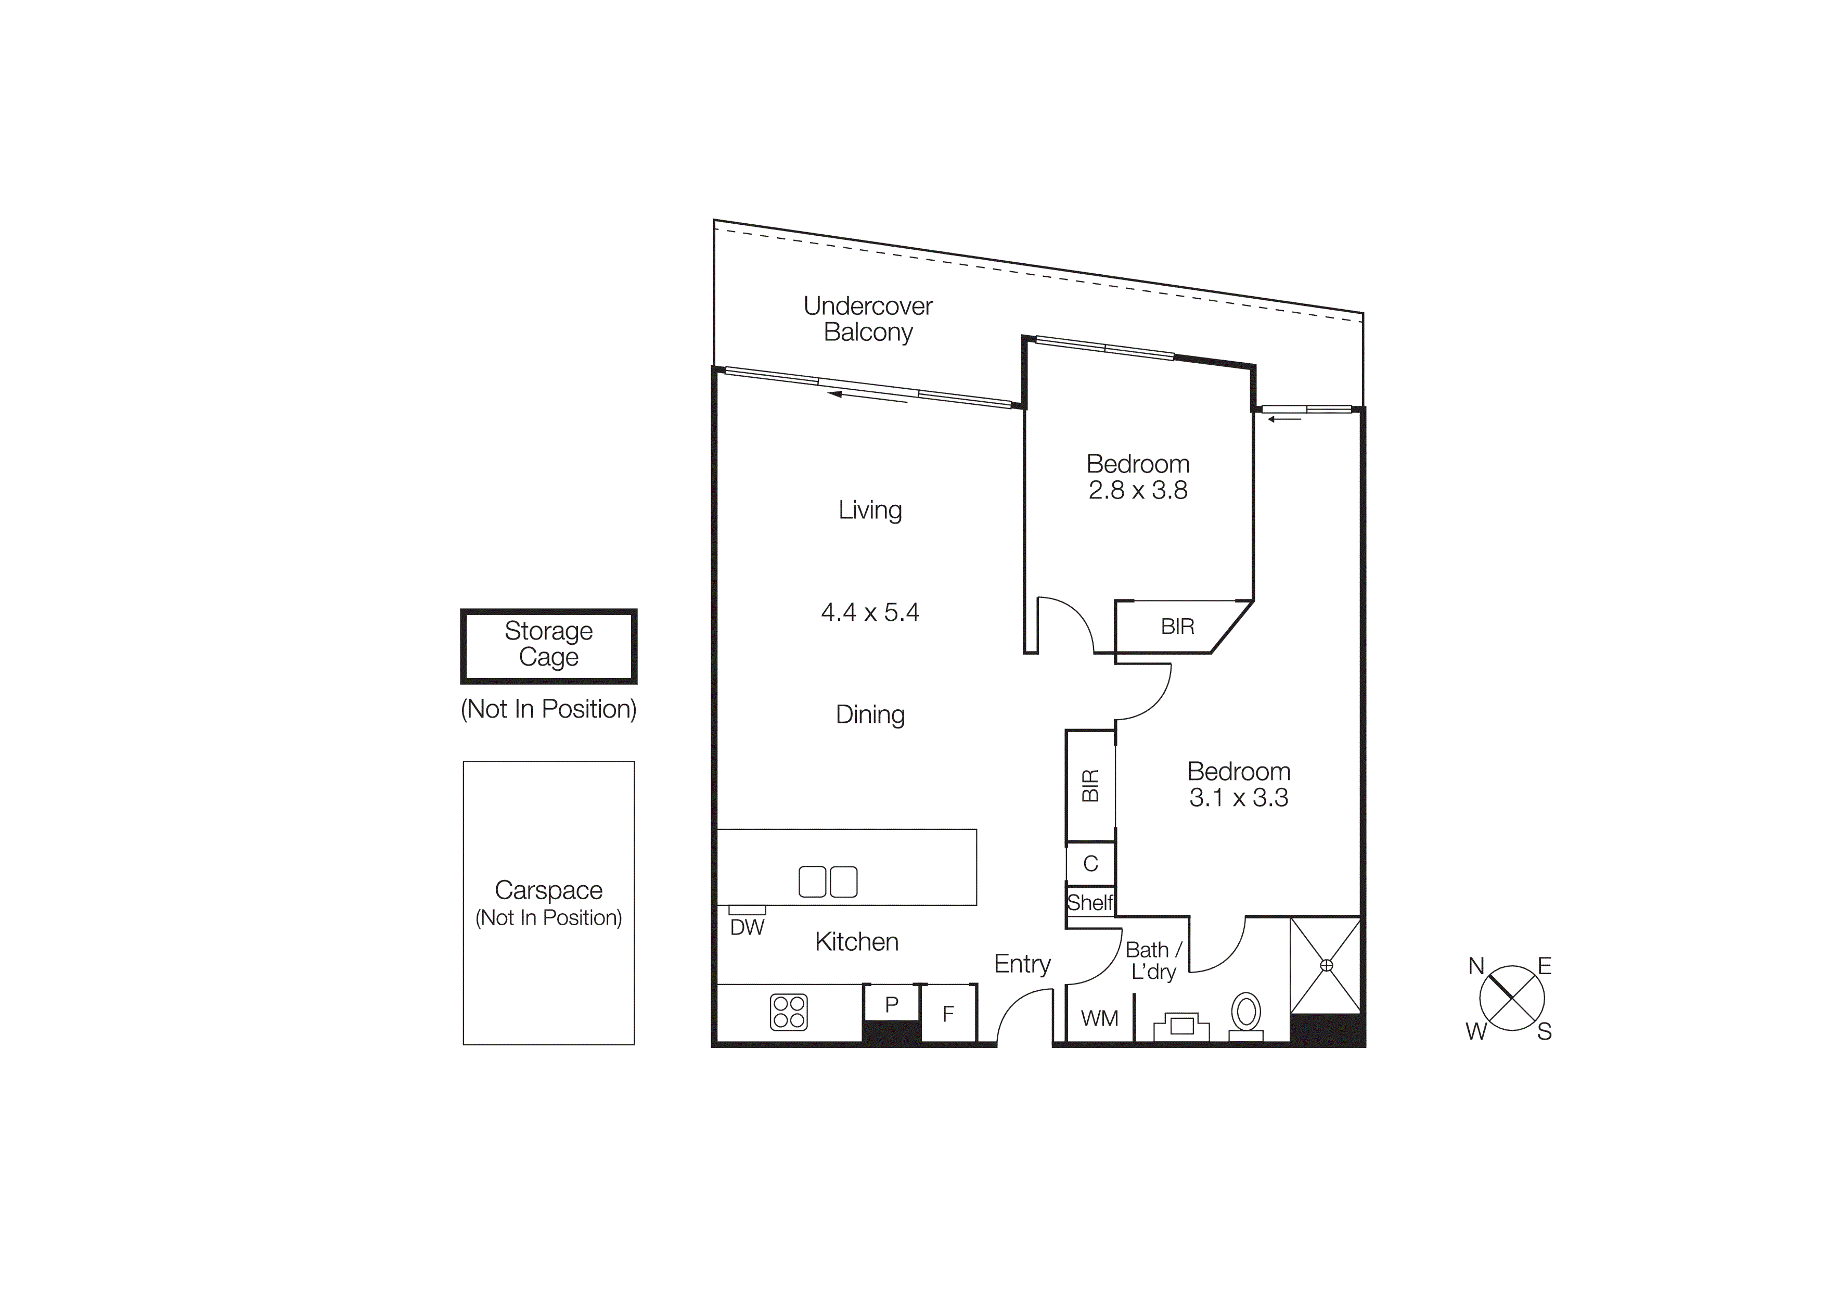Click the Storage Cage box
548,645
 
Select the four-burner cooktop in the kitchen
789,1013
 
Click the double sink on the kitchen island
828,882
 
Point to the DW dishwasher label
747,927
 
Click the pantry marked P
892,1005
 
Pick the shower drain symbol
1326,965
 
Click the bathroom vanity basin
1182,1026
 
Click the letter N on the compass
1476,966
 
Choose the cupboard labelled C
1090,863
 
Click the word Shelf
1090,902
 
